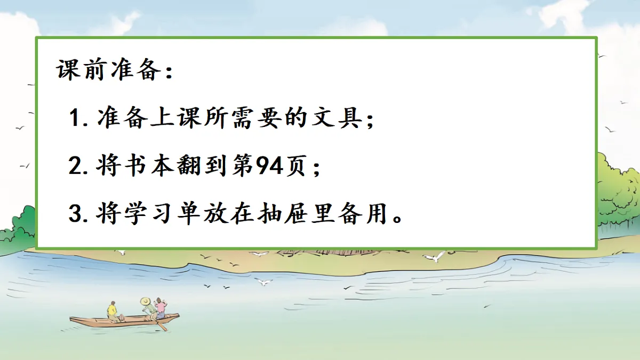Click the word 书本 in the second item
click(137, 167)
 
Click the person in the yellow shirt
click(112, 311)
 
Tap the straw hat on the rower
click(146, 301)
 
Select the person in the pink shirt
click(160, 308)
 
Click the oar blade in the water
click(163, 326)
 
